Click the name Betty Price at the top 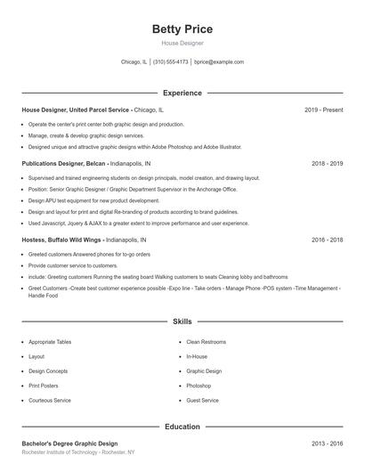click(x=182, y=29)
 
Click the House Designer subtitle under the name click(x=182, y=43)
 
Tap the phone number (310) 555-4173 click(x=170, y=62)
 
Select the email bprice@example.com click(x=219, y=62)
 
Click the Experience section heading click(x=182, y=93)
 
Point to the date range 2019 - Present click(x=323, y=110)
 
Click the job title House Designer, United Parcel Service click(x=76, y=110)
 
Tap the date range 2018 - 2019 click(x=327, y=164)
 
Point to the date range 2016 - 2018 click(x=327, y=240)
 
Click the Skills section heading click(x=182, y=321)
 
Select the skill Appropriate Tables click(x=50, y=342)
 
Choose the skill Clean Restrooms click(x=207, y=342)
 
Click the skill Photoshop click(x=199, y=386)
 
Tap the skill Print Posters click(x=44, y=386)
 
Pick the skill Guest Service click(x=202, y=401)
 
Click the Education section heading click(x=182, y=427)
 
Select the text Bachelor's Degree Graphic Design click(x=69, y=444)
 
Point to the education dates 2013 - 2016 click(x=327, y=444)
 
